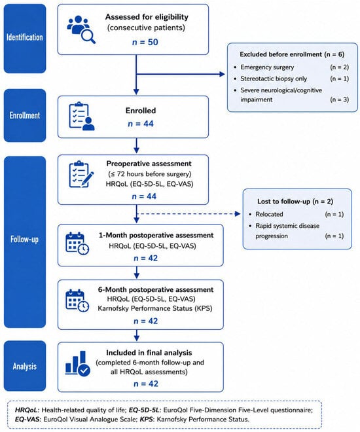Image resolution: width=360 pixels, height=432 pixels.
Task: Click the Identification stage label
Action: tap(24, 37)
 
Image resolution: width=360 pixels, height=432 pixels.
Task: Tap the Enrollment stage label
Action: tap(24, 115)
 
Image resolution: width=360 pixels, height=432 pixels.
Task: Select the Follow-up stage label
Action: tap(24, 239)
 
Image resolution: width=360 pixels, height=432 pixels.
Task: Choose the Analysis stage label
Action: tap(24, 366)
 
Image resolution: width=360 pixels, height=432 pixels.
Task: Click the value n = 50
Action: tap(145, 42)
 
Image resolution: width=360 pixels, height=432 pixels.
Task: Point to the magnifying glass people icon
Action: tap(81, 29)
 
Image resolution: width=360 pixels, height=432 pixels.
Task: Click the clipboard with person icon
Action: tap(82, 117)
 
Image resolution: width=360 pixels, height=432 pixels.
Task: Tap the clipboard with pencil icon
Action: tap(81, 174)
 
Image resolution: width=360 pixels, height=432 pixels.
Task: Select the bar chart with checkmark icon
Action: tap(78, 363)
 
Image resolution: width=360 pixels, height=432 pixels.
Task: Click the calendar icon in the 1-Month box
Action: tap(77, 243)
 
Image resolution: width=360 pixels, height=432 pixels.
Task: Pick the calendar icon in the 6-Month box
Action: tap(77, 300)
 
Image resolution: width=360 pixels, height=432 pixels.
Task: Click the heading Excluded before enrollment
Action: tap(281, 54)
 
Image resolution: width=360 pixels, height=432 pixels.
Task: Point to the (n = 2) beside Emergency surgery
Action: tap(339, 67)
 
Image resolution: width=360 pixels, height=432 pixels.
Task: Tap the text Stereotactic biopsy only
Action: tap(274, 79)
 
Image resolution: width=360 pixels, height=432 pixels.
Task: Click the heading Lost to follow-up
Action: tap(283, 202)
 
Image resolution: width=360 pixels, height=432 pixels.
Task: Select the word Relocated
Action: tap(269, 214)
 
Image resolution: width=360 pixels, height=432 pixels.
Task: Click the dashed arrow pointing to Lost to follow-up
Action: tap(189, 213)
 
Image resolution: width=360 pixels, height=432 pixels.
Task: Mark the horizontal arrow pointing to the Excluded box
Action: tap(181, 74)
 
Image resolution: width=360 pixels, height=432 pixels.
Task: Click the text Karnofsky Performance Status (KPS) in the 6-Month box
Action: tap(155, 308)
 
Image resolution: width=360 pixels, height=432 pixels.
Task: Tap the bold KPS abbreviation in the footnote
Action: tap(146, 420)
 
